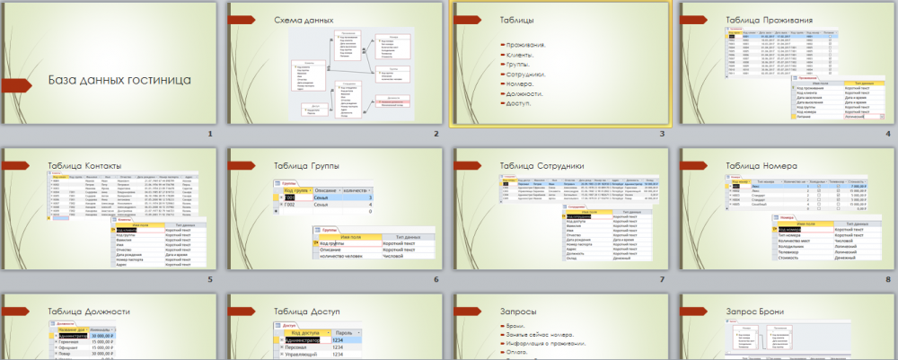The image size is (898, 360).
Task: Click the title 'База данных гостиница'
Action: click(x=119, y=80)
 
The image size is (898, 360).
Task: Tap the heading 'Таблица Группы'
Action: click(x=310, y=165)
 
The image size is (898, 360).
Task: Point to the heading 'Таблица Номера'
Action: click(x=762, y=165)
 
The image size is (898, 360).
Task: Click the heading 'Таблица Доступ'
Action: click(x=310, y=312)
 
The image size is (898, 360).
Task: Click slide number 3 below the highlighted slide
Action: click(x=661, y=134)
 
